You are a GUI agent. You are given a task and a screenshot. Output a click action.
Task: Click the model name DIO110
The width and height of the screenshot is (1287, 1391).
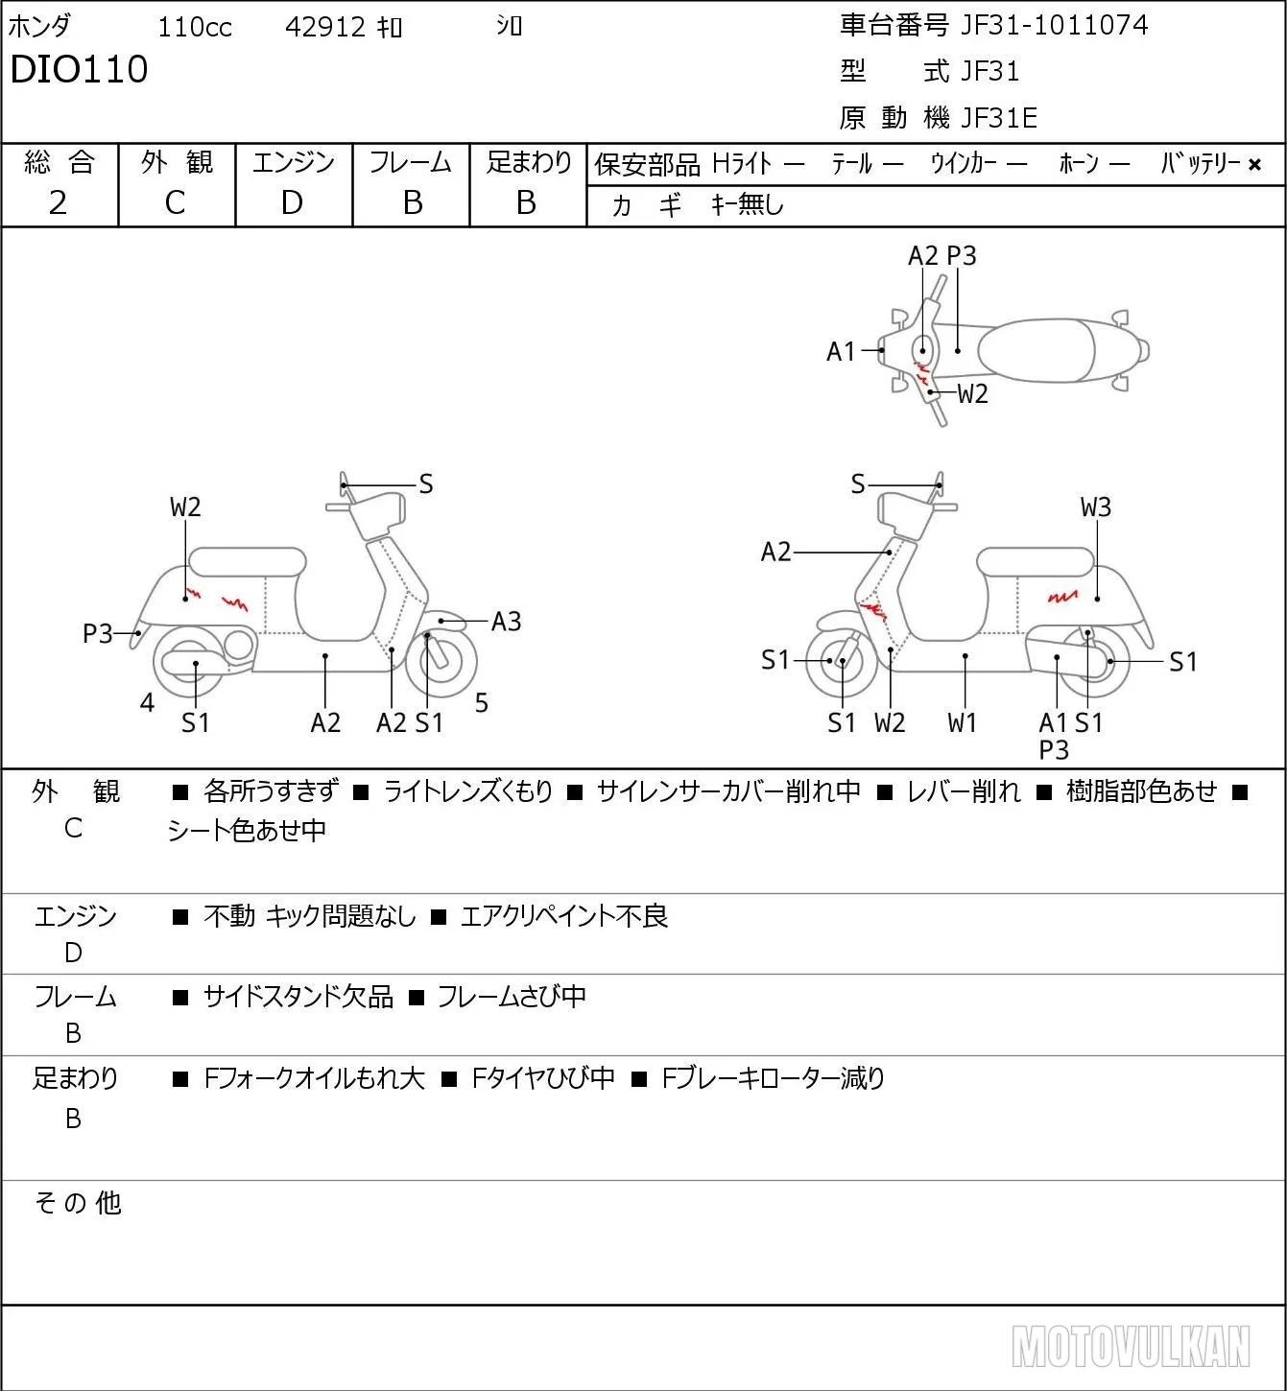pos(79,69)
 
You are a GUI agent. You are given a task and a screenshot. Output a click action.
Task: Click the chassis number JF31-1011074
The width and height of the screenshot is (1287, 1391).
pos(1054,25)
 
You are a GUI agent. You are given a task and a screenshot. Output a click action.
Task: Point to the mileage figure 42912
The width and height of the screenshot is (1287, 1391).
pos(324,27)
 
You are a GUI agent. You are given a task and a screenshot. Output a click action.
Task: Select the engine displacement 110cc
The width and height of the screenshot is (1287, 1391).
pos(195,27)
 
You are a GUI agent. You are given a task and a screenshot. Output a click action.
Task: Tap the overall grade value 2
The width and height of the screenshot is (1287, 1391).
pos(59,202)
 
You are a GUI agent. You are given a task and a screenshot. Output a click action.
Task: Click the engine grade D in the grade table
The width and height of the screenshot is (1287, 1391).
pos(292,202)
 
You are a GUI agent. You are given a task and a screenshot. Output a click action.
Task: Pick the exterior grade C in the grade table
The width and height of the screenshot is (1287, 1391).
pos(175,202)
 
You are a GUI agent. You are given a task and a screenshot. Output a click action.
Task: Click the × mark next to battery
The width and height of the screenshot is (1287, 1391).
pos(1254,165)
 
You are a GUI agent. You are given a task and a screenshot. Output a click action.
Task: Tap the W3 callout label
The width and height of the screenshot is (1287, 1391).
pos(1096,507)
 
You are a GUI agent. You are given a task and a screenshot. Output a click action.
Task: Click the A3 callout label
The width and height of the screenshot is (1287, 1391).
pos(506,622)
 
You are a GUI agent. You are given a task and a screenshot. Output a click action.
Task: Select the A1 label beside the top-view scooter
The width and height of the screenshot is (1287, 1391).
pos(841,351)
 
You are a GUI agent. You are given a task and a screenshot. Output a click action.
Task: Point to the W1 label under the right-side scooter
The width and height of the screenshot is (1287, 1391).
pos(962,722)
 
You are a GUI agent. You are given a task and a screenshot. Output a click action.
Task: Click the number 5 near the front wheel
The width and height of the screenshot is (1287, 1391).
pos(482,702)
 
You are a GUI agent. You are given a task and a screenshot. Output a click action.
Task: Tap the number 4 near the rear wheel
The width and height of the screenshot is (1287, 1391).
pos(147,702)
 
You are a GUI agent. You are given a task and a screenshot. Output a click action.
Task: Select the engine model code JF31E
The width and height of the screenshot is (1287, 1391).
pos(999,118)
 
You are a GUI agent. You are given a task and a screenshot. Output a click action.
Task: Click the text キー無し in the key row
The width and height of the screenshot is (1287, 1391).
pos(748,204)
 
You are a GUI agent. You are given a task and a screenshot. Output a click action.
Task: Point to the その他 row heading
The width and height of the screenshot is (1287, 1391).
pos(78,1203)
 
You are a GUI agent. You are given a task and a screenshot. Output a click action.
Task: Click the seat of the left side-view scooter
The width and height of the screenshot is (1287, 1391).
pos(248,562)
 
